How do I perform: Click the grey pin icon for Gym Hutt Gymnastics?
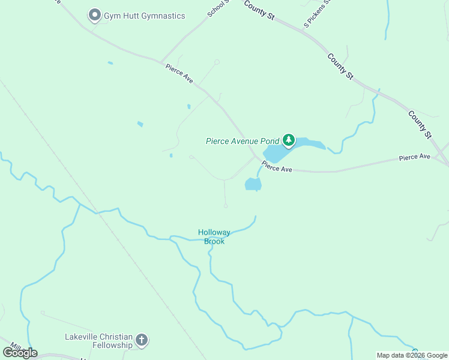click(94, 15)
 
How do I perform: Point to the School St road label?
click(217, 8)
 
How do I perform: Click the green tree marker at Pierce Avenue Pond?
click(289, 140)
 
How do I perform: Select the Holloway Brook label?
click(214, 236)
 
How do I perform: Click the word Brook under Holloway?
click(214, 241)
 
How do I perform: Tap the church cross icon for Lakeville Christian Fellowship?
click(142, 341)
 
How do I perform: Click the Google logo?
click(20, 352)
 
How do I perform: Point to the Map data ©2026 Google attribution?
click(412, 355)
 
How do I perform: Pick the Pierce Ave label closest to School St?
click(179, 74)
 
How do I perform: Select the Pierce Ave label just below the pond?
click(277, 168)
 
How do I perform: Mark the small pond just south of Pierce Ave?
click(253, 184)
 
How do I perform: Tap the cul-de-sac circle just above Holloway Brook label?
click(226, 206)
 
